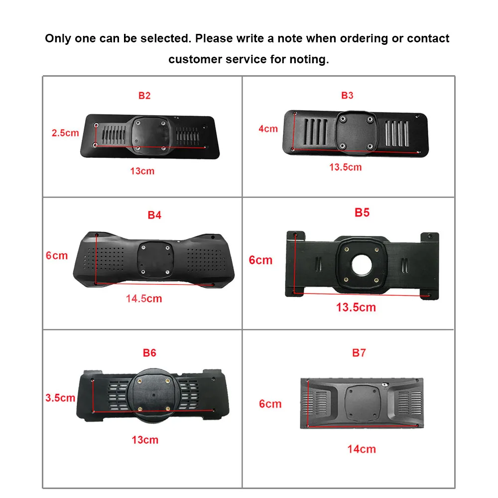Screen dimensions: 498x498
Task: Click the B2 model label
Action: coord(144,96)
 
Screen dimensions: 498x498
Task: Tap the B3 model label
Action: coord(347,95)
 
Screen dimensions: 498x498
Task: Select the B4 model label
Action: coord(155,215)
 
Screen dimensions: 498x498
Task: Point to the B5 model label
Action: coord(362,213)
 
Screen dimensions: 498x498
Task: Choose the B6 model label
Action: coord(149,353)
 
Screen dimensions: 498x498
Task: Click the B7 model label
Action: coord(359,353)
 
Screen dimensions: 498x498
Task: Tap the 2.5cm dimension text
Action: coord(65,133)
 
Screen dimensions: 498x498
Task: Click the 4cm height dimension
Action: coord(268,128)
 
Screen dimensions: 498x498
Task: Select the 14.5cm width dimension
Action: coord(144,298)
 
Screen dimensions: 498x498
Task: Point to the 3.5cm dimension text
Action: coord(60,397)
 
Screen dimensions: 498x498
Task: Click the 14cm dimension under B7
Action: coord(362,449)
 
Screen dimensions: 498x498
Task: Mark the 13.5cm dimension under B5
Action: coord(356,307)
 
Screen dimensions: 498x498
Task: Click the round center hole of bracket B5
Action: coord(362,264)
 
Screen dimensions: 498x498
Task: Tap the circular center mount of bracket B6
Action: coord(153,395)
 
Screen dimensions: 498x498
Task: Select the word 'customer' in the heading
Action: coord(195,59)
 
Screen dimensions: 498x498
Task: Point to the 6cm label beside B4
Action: coord(57,255)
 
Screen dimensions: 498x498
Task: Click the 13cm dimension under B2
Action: coord(142,171)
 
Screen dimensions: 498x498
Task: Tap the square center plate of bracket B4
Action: coord(155,259)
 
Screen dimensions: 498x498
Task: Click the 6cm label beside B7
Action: coord(270,404)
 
